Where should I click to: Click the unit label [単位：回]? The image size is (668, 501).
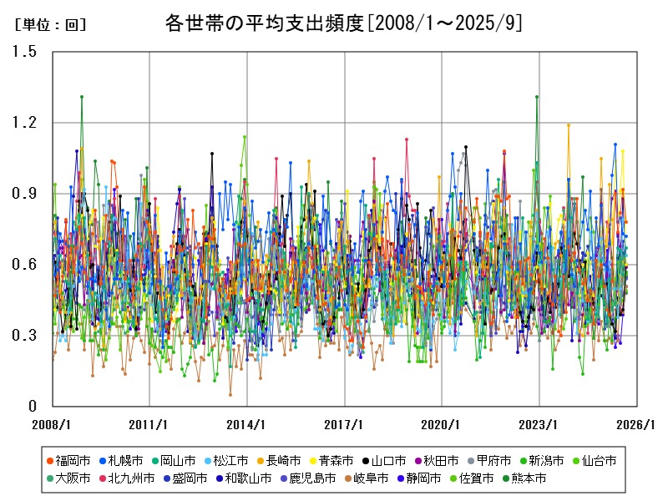(51, 25)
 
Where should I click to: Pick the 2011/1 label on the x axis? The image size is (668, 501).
(149, 423)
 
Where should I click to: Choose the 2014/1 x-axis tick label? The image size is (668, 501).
(247, 423)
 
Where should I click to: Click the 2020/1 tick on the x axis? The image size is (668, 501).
(442, 423)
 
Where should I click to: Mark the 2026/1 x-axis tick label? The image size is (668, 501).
(636, 423)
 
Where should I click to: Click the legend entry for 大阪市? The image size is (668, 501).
(71, 478)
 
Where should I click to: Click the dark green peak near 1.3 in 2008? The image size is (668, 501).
(81, 97)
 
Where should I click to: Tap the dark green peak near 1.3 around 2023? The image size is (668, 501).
(536, 97)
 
